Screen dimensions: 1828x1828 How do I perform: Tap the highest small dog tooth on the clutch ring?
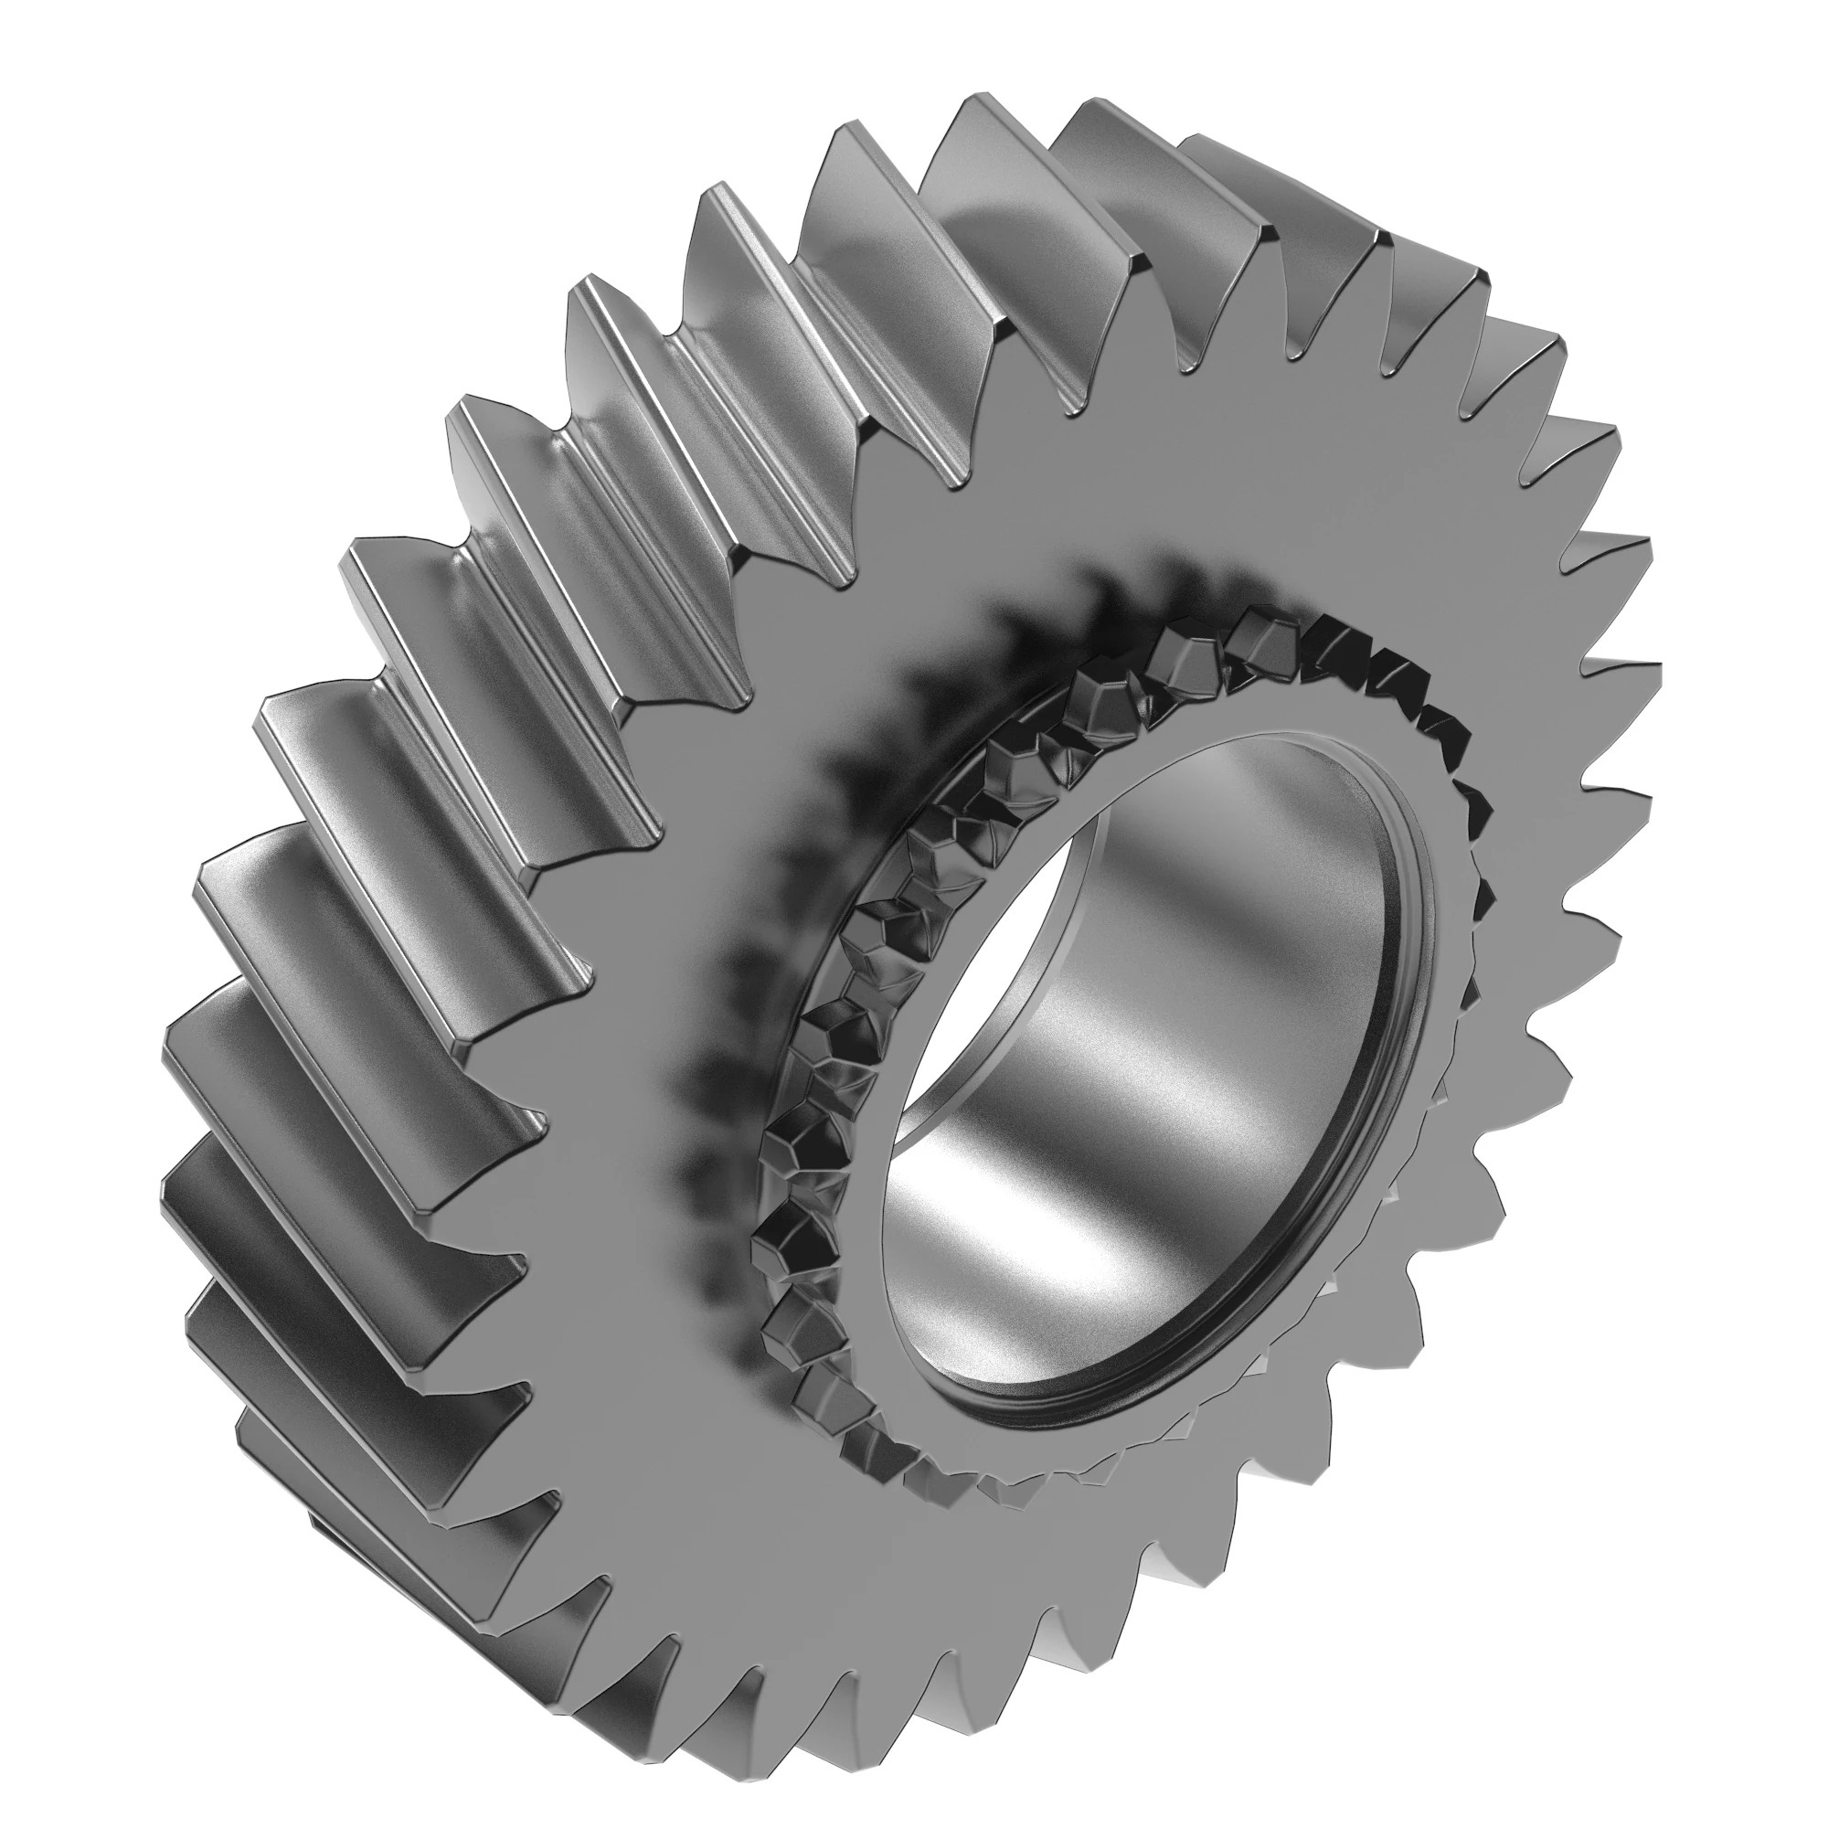click(x=1263, y=629)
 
